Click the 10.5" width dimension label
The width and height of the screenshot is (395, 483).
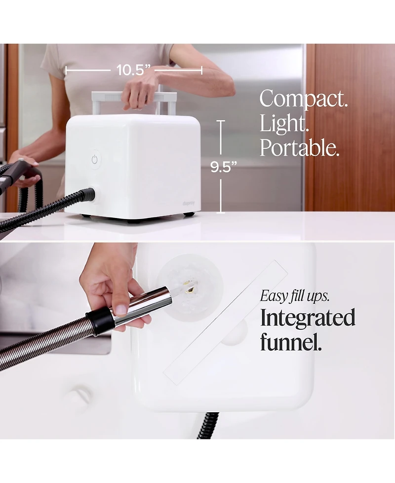click(x=133, y=70)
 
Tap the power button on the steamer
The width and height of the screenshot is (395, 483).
click(x=95, y=159)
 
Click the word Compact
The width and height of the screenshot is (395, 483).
click(x=304, y=99)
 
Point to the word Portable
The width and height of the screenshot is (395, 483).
click(x=299, y=148)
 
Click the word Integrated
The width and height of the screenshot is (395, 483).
click(x=308, y=318)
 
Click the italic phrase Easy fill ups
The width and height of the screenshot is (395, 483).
click(x=295, y=296)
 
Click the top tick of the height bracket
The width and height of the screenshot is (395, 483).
click(x=221, y=121)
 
